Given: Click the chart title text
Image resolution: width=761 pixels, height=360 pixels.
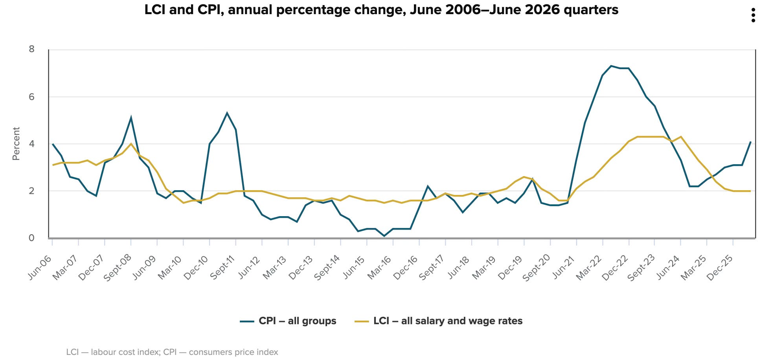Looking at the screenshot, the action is [x=381, y=10].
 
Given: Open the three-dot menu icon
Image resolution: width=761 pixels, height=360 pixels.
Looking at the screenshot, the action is [x=753, y=15].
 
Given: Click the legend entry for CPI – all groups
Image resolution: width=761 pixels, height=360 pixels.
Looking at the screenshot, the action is [x=288, y=321].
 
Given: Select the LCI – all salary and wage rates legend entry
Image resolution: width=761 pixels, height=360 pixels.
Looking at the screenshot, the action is [x=439, y=321].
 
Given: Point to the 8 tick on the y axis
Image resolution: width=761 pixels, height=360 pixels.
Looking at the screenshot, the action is [x=32, y=49].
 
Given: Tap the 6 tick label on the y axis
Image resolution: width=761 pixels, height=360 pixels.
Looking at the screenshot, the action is [x=32, y=97].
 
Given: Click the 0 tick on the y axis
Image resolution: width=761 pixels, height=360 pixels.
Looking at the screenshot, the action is [x=32, y=238].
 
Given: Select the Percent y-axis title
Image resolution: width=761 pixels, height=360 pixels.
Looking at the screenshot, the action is [x=16, y=143].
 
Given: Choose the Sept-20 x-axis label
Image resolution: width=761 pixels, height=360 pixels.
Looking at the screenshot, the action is [x=536, y=268].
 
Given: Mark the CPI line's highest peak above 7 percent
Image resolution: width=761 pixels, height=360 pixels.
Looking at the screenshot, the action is [x=611, y=66].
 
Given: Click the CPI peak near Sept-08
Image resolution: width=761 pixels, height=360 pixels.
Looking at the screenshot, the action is [x=131, y=118].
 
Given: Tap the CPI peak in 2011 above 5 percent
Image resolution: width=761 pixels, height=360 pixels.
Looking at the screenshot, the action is [x=227, y=113].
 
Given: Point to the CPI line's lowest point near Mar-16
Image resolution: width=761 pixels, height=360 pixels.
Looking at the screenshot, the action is [x=384, y=236].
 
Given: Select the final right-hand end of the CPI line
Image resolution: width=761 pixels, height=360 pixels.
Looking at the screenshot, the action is [x=750, y=142].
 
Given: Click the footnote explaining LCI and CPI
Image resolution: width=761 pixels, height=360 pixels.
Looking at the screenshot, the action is [x=172, y=352].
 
